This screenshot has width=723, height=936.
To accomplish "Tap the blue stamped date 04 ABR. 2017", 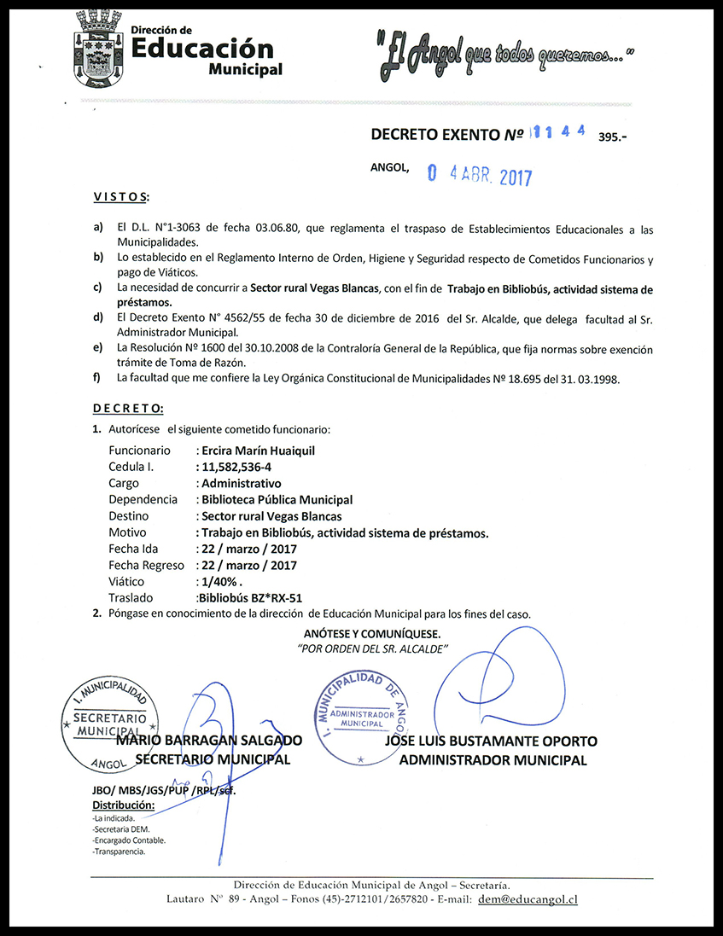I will (479, 176).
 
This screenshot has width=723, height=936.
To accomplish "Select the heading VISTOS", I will (120, 198).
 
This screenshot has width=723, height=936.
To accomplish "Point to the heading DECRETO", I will (128, 410).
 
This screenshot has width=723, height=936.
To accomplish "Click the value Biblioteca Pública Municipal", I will (277, 500).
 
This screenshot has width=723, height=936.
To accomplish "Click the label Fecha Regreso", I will (146, 565).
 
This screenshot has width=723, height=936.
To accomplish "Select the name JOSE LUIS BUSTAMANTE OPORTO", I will (491, 741).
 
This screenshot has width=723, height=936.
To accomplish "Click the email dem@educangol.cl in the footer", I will (528, 899).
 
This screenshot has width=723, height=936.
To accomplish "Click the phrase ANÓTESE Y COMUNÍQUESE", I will (372, 634).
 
